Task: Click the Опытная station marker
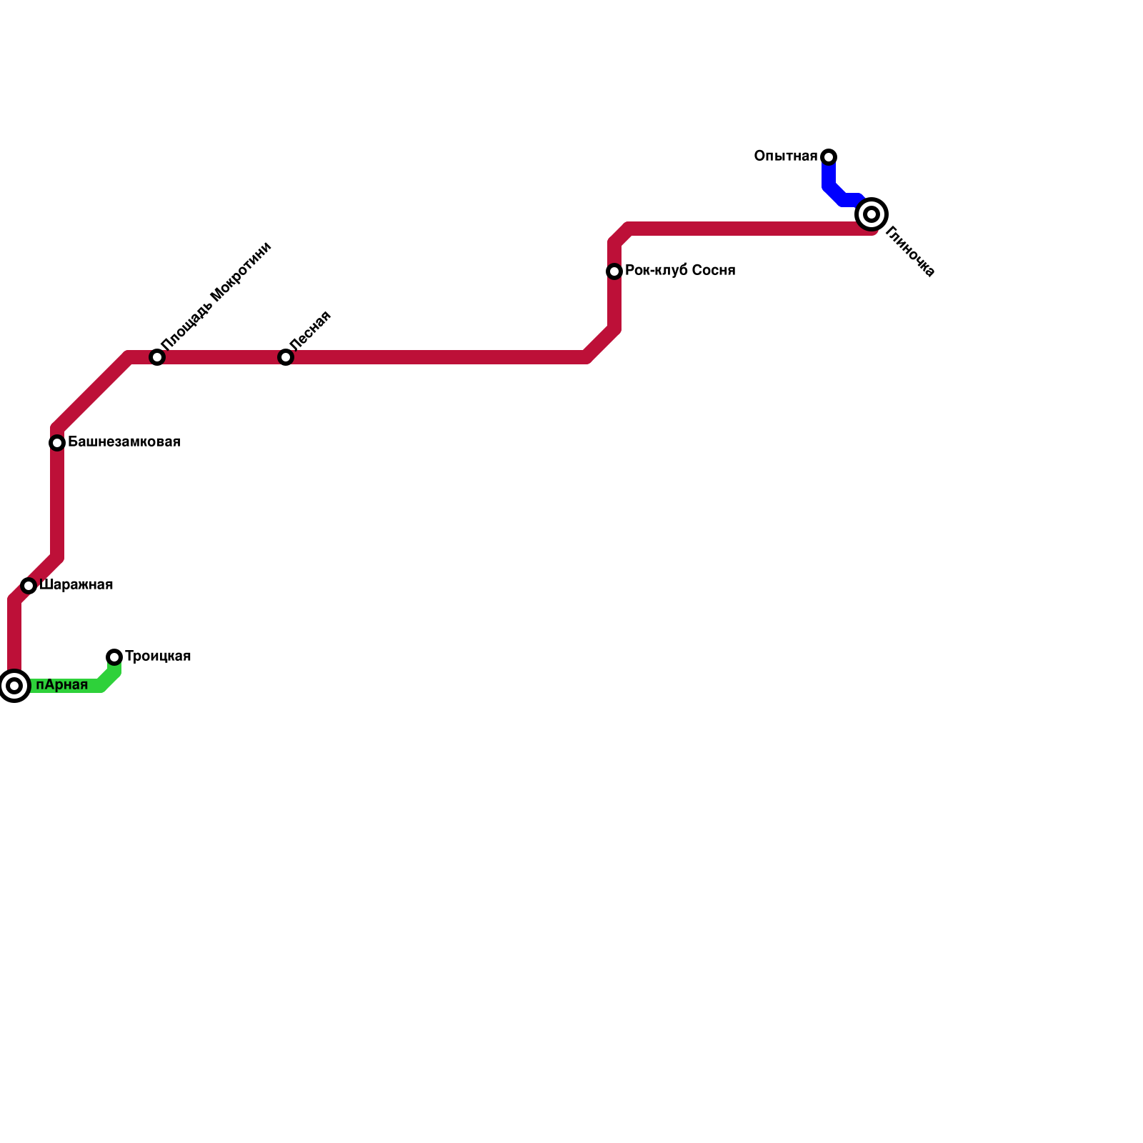coord(829,157)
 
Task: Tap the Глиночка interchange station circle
coord(872,214)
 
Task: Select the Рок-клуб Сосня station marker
coord(614,271)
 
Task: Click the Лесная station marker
coord(286,357)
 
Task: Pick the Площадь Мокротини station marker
coord(157,357)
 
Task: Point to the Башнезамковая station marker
coord(57,443)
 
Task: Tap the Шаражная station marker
coord(29,586)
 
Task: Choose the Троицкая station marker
coord(114,657)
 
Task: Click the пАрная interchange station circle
coord(14,686)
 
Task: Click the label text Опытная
coord(785,156)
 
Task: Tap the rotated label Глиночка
coord(909,251)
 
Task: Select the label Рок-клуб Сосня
coord(679,271)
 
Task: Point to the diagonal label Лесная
coord(310,330)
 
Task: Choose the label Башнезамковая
coord(124,442)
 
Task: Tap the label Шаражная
coord(76,585)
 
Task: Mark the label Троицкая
coord(158,657)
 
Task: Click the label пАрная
coord(61,685)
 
